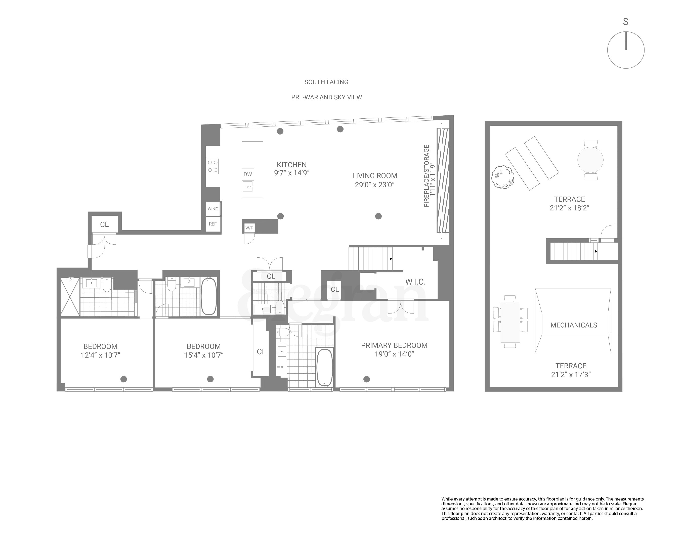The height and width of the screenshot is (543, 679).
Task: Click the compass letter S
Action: pyautogui.click(x=625, y=22)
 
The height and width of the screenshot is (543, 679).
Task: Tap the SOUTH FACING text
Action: pyautogui.click(x=326, y=82)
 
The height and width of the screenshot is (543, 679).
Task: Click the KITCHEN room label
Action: pyautogui.click(x=292, y=165)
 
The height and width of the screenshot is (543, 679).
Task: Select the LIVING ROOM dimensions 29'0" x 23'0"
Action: pyautogui.click(x=374, y=185)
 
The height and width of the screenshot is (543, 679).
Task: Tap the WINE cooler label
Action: pyautogui.click(x=213, y=209)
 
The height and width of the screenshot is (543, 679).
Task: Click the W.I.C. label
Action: pyautogui.click(x=415, y=282)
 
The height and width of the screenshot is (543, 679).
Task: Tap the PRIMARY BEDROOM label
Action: pyautogui.click(x=394, y=345)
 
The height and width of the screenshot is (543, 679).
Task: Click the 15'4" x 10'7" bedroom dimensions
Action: pyautogui.click(x=204, y=355)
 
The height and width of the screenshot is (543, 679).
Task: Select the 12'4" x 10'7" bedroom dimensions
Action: pyautogui.click(x=100, y=355)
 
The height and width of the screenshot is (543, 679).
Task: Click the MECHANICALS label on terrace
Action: pyautogui.click(x=573, y=325)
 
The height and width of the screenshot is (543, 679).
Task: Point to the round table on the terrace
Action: pyautogui.click(x=590, y=160)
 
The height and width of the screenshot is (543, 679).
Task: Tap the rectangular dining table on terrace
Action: pyautogui.click(x=510, y=322)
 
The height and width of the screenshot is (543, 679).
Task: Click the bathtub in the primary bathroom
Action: pyautogui.click(x=324, y=367)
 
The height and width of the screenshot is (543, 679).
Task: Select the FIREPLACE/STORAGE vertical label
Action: pyautogui.click(x=427, y=176)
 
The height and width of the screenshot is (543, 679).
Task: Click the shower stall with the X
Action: pyautogui.click(x=70, y=297)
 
